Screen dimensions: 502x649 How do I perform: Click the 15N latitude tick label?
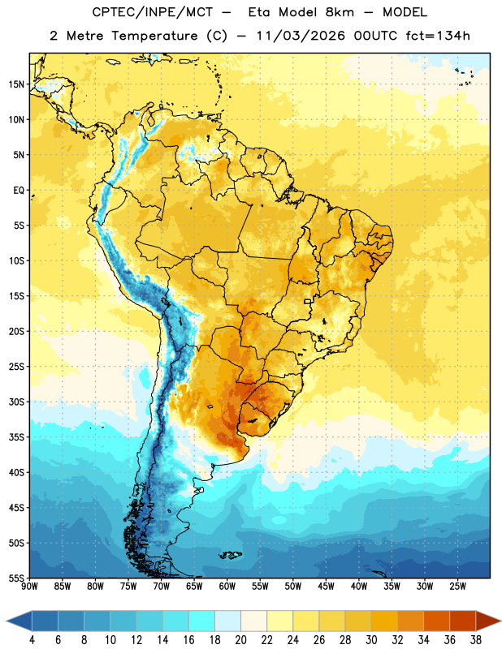pos(16,84)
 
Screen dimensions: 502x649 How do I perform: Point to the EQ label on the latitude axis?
pos(19,191)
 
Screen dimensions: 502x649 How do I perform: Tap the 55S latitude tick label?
pos(16,578)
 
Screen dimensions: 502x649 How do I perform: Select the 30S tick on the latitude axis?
pos(16,402)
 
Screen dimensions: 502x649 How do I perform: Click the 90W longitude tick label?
pos(29,587)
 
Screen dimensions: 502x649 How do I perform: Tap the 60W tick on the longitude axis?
pos(227,587)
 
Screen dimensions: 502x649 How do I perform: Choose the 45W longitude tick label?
pos(326,587)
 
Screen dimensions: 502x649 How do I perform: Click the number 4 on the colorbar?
pos(32,640)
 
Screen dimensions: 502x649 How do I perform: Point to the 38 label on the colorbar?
pos(476,640)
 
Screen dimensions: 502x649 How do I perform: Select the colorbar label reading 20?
pos(240,640)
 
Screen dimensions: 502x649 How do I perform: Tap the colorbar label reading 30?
pos(371,640)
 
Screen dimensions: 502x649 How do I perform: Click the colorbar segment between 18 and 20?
pos(228,621)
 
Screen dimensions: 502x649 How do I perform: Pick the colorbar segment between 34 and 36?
pos(436,621)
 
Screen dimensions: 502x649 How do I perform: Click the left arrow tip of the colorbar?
pos(6,621)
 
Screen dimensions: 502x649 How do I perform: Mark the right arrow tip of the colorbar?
pos(501,621)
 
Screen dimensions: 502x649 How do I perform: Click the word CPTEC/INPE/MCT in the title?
pos(153,12)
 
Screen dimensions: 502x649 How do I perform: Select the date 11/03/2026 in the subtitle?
pos(301,36)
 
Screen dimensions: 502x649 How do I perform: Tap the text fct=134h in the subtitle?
pos(438,36)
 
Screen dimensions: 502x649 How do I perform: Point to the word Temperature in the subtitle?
pos(154,36)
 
